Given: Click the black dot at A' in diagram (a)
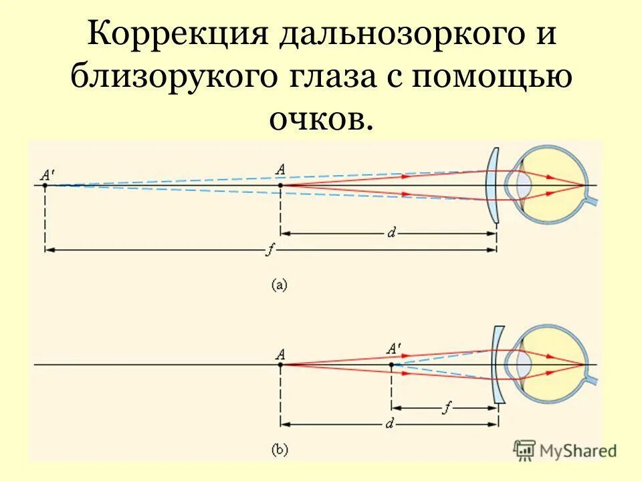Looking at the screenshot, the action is pos(45,185).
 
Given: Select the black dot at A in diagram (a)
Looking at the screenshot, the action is pos(280,185).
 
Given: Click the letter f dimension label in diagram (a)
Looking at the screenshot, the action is pos(269,250).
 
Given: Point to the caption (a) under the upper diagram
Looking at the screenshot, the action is pos(279,285).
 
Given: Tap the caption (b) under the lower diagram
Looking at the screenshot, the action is pos(279,451).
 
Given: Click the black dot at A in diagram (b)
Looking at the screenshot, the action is pos(280,365).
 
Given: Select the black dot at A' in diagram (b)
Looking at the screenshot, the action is pos(391,365).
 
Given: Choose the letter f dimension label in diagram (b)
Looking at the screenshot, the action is pos(443,406).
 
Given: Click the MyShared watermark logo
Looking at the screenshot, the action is pos(565,450).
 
